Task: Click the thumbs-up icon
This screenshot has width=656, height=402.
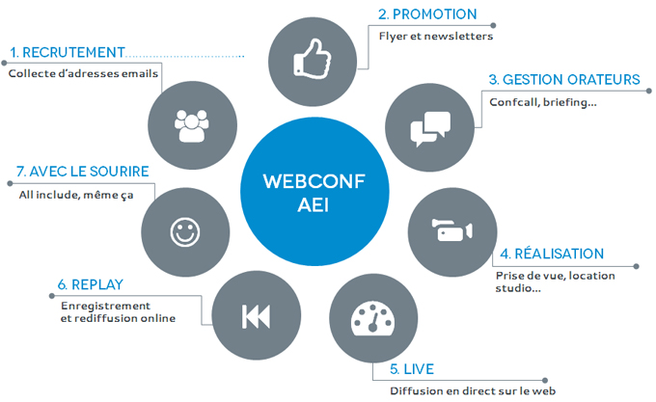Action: coord(313,59)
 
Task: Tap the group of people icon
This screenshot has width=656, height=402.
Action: coord(192,125)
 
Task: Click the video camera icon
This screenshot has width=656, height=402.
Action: coord(451,229)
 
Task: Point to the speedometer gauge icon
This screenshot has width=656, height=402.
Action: coord(372,318)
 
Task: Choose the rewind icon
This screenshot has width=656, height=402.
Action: coord(256,316)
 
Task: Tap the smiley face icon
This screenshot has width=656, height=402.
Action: coord(185,232)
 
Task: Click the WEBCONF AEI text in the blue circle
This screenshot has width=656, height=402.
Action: coord(314,193)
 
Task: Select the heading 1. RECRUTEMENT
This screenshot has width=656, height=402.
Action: coord(68,52)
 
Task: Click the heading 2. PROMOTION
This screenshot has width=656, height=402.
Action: coord(427,14)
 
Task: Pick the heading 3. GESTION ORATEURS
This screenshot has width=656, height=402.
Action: coord(564,79)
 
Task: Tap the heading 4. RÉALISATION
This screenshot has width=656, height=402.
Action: coord(552,254)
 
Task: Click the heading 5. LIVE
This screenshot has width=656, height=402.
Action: coord(412,369)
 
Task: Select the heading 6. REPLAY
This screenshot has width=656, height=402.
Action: coord(91,284)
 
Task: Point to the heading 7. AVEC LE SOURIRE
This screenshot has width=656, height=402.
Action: coord(82,172)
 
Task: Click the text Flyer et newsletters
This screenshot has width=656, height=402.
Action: coord(436,37)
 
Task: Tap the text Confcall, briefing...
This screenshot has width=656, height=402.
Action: coord(543,102)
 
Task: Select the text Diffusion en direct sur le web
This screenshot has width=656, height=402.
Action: coord(473,391)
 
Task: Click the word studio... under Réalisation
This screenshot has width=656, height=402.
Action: coord(518,288)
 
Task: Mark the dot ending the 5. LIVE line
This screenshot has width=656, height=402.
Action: coord(545,380)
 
